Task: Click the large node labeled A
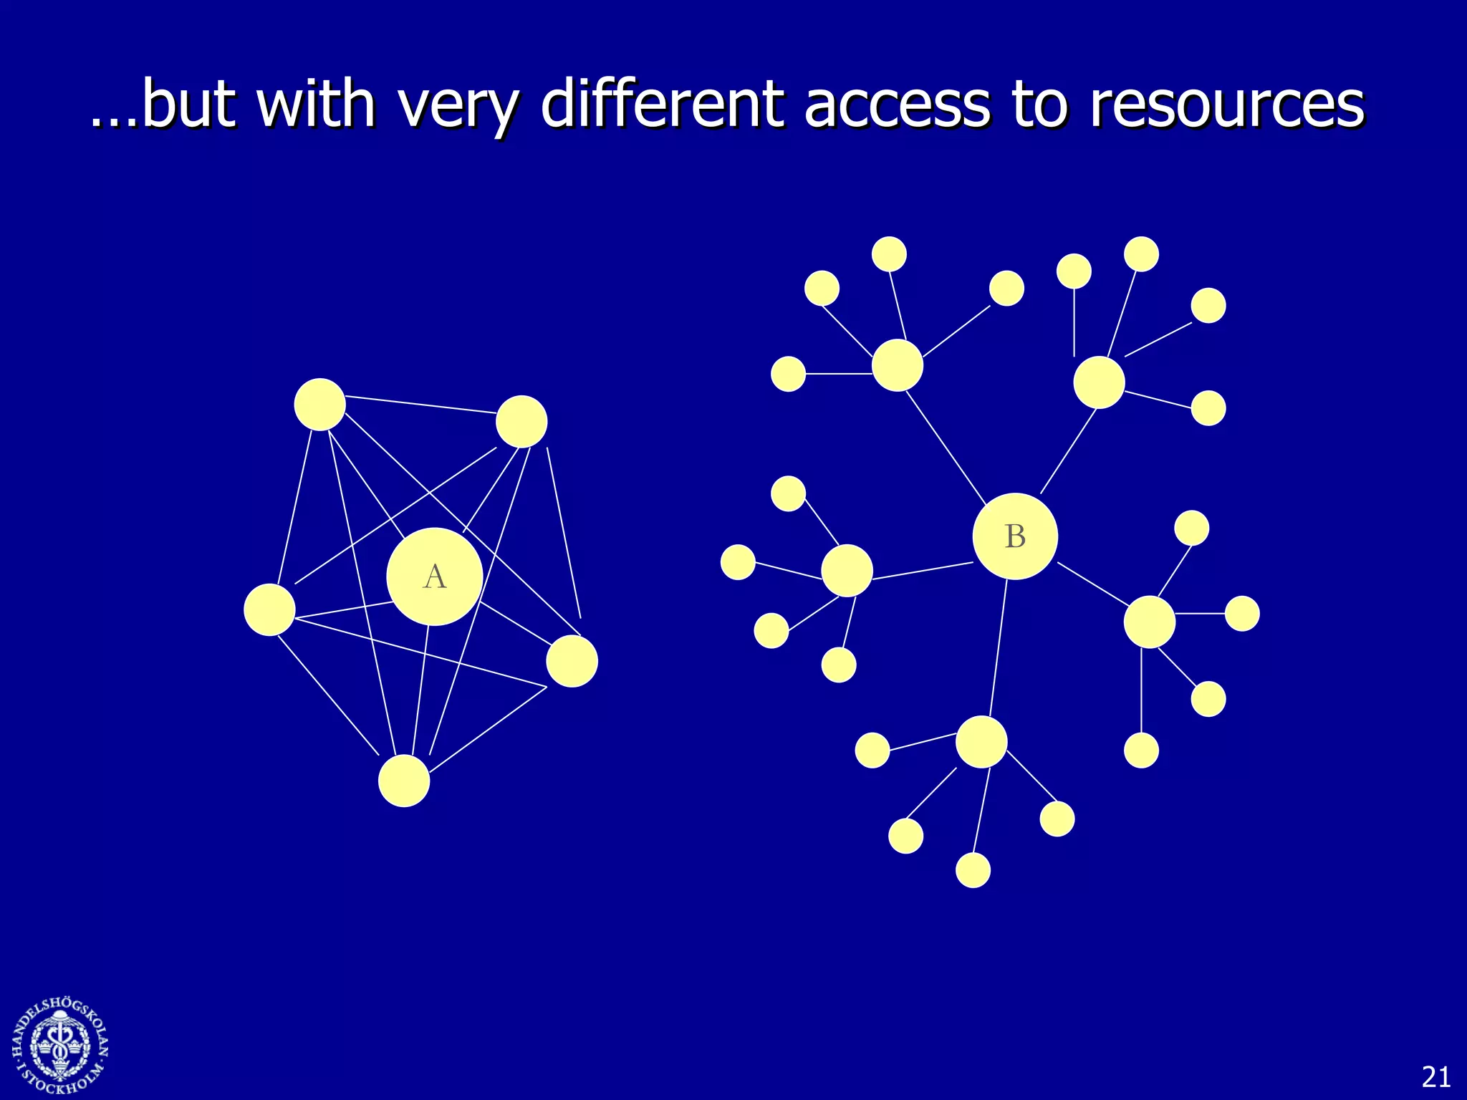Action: [434, 576]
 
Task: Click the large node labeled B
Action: [1015, 536]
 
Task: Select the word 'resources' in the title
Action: [1227, 105]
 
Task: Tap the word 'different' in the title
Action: [662, 105]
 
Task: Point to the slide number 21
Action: [1435, 1077]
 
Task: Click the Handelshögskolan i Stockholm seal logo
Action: [60, 1046]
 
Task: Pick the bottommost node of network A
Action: [404, 781]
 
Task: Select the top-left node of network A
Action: [320, 405]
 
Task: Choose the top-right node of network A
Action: [521, 422]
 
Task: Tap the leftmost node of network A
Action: [269, 610]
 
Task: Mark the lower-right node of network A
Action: [572, 661]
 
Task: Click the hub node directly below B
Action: [981, 742]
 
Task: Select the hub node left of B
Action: [847, 571]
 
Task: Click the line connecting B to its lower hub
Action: [999, 648]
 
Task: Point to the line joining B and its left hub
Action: [923, 571]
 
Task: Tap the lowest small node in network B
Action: [973, 870]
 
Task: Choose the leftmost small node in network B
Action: [738, 562]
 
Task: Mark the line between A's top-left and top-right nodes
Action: [421, 405]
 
